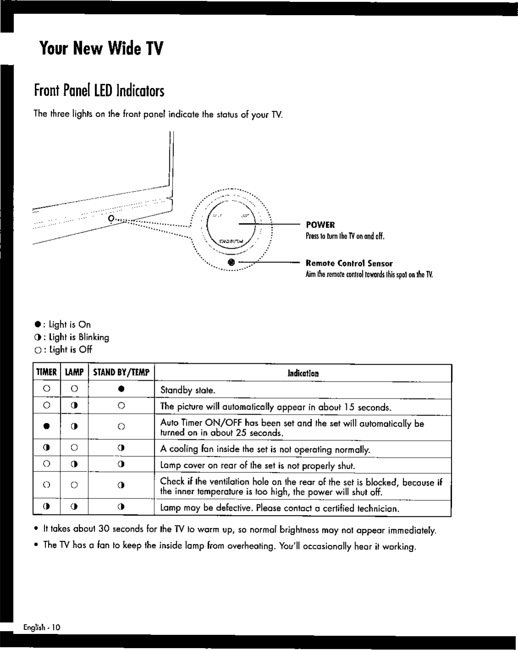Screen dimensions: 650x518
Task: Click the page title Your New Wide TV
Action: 101,48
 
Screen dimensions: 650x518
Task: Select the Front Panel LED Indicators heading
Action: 99,90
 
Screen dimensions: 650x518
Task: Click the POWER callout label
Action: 320,225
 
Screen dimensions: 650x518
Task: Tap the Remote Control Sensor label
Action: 349,263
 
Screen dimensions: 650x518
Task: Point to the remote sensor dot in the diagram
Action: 231,262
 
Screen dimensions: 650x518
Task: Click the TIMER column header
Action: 46,372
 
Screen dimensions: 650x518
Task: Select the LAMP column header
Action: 74,372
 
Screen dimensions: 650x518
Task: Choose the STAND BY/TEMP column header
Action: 121,372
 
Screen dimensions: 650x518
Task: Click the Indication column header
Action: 303,373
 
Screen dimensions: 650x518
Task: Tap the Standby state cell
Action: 188,391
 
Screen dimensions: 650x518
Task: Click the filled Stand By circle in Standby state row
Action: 121,389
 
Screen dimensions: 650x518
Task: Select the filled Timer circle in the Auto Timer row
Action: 46,426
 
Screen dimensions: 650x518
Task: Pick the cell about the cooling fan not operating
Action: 265,449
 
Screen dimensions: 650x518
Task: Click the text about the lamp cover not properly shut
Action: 257,466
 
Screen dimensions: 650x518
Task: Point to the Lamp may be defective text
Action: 279,508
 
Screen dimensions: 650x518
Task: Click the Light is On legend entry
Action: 63,325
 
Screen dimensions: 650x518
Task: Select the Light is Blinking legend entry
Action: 72,337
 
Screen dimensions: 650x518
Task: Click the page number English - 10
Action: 42,627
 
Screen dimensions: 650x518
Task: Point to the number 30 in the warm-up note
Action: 104,530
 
